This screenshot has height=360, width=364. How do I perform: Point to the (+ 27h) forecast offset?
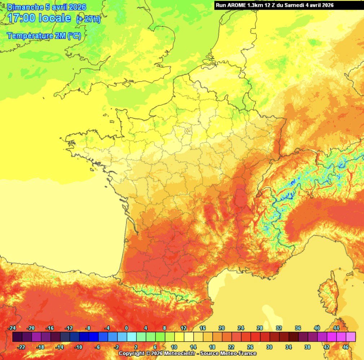88,19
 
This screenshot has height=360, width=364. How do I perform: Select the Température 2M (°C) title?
43,36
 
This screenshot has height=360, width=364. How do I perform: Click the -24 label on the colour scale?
13,328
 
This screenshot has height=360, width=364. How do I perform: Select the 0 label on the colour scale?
126,328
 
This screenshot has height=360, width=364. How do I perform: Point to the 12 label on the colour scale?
184,328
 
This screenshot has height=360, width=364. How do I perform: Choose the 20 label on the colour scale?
222,328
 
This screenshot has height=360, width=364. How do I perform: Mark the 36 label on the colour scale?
298,328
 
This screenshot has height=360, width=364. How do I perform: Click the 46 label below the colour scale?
346,347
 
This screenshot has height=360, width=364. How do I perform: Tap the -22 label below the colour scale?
22,347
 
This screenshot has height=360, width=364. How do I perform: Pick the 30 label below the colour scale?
269,347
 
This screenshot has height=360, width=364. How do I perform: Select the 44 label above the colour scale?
336,328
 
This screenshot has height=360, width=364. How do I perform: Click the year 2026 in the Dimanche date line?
75,6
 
